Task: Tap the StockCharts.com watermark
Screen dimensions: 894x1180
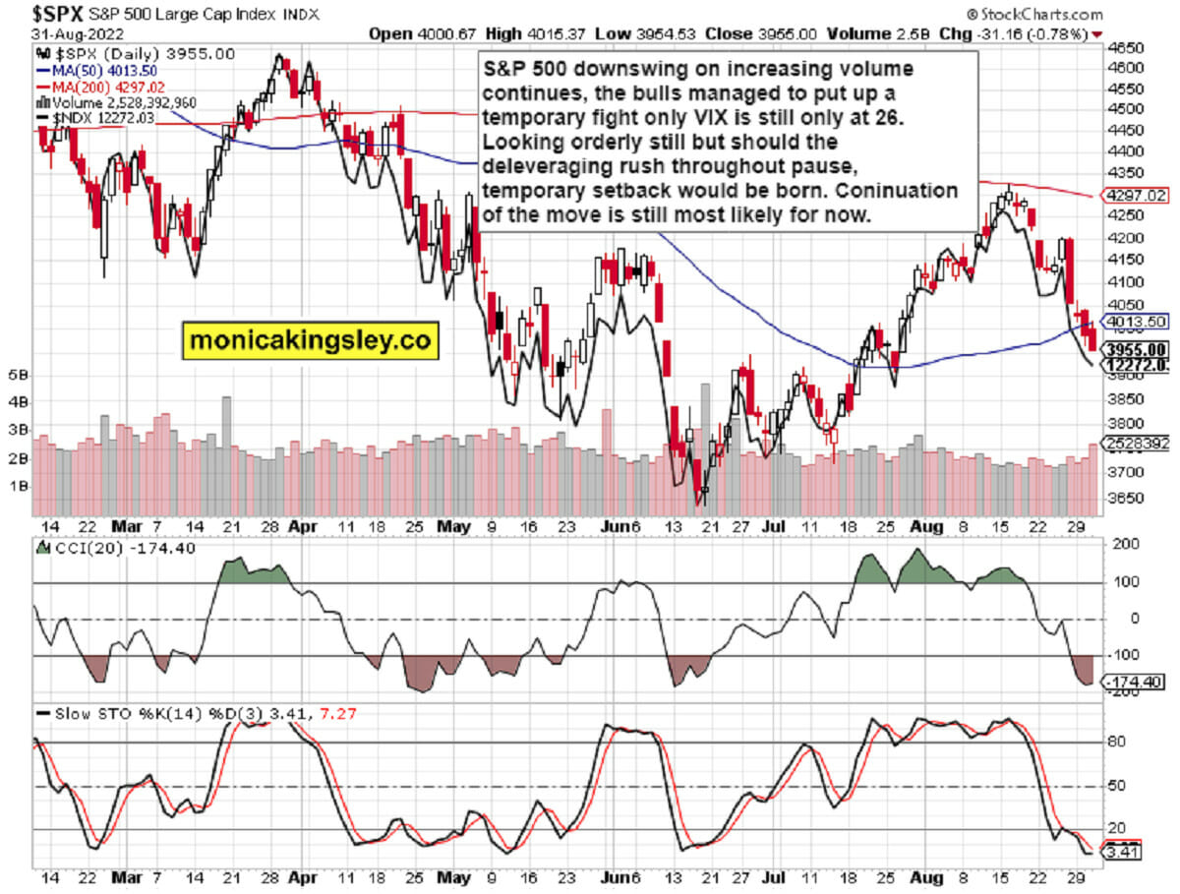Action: pos(1034,14)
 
